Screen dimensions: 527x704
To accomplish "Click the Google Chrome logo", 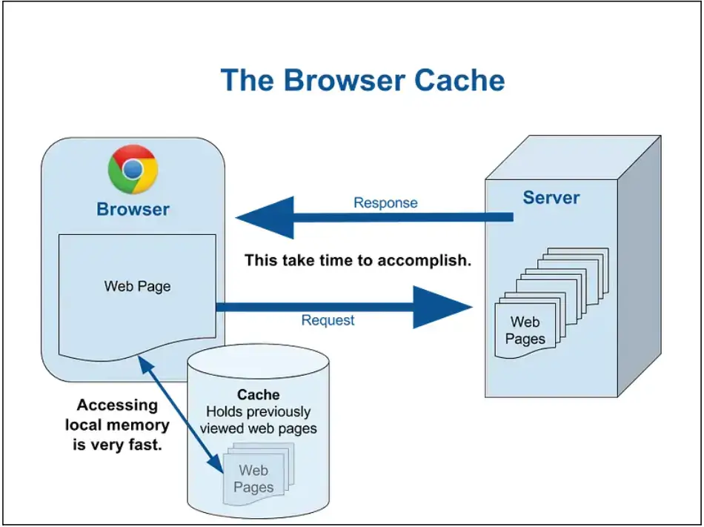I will click(133, 170).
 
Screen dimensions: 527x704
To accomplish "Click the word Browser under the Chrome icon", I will click(133, 210).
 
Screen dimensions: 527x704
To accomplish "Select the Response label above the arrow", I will click(385, 203).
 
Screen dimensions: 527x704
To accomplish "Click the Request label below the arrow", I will click(328, 320).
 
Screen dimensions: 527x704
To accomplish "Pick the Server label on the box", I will click(551, 198).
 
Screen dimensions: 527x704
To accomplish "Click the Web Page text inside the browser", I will click(137, 286).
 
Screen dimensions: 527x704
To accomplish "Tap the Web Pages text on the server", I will click(525, 331).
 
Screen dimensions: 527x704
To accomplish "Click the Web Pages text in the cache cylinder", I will click(253, 479).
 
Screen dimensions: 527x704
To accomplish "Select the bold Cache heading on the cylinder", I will click(258, 394).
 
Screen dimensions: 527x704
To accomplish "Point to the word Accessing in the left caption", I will click(117, 405).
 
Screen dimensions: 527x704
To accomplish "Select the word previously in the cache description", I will click(285, 411).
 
